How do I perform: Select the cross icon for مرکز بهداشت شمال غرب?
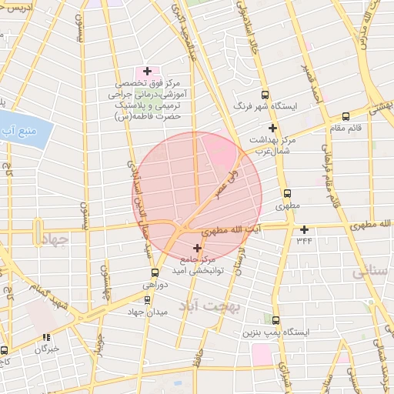click(x=272, y=128)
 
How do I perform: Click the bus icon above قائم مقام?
click(x=344, y=116)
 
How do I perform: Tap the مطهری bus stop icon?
click(x=288, y=194)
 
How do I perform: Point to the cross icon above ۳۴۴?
click(x=305, y=229)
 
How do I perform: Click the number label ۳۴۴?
click(x=305, y=241)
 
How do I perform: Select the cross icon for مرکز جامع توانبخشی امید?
click(x=198, y=248)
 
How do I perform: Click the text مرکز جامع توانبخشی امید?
click(x=198, y=265)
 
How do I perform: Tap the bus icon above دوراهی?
click(x=155, y=272)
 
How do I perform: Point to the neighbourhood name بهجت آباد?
click(x=210, y=306)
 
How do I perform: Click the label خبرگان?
click(x=45, y=349)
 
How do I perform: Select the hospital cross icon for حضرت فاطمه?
click(x=147, y=71)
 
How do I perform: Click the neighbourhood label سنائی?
click(x=370, y=272)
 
